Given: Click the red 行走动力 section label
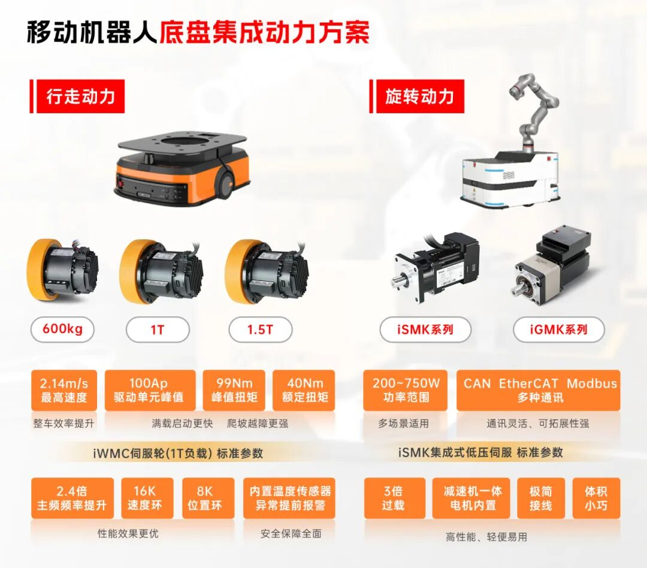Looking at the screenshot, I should (x=80, y=96).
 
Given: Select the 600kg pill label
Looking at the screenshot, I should (x=62, y=330).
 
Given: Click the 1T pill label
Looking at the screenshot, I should (x=157, y=330).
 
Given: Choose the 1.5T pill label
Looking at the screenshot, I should (x=260, y=330).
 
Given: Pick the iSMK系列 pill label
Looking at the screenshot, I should (x=425, y=330).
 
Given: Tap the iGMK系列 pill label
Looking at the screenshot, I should (x=558, y=330).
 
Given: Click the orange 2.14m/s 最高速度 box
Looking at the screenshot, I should (x=64, y=390).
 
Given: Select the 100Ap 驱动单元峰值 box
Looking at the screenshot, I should (x=150, y=390).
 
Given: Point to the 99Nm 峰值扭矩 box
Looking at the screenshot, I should (x=234, y=390).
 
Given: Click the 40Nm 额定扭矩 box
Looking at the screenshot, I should (x=304, y=390).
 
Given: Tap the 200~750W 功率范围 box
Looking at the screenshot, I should (x=405, y=390).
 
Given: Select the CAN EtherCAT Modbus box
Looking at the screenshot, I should (x=540, y=390).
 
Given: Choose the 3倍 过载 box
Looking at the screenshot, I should (x=393, y=498).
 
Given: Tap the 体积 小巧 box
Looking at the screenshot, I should (x=595, y=498).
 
